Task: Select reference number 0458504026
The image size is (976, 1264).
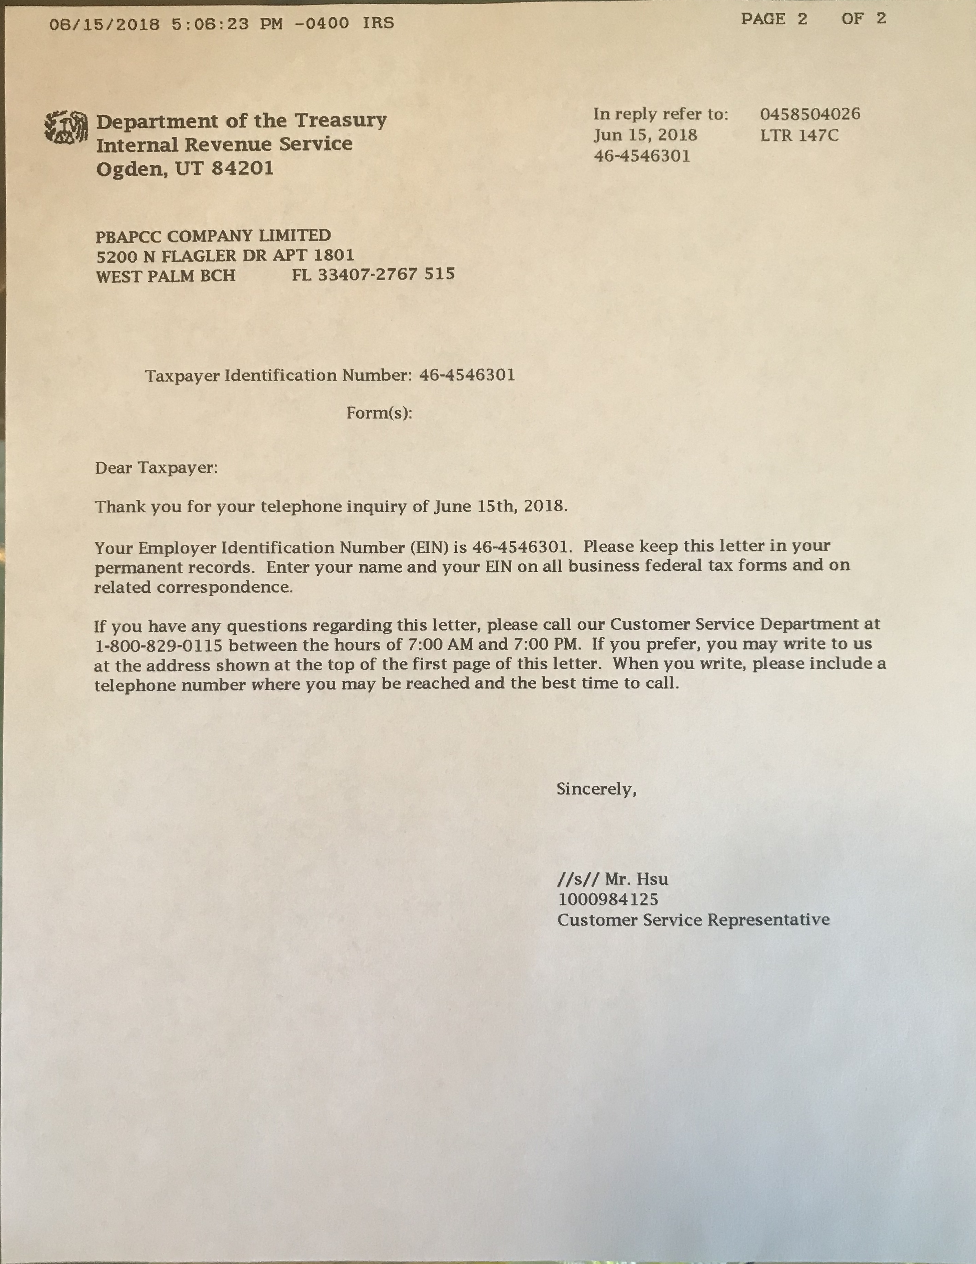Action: tap(810, 114)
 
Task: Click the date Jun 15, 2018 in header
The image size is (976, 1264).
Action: tap(645, 135)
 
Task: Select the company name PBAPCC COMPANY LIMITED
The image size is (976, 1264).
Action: tap(213, 236)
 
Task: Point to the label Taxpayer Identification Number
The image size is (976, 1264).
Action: tap(278, 376)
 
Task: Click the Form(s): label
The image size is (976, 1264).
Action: tap(379, 413)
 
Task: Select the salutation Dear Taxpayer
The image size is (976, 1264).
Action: tap(156, 468)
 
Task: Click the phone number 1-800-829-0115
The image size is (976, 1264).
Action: tap(159, 645)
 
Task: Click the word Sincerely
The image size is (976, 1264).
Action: tap(596, 789)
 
